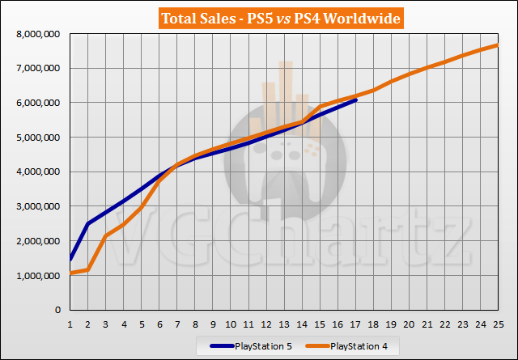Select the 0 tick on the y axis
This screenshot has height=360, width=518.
click(58, 310)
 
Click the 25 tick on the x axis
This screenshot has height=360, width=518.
click(497, 322)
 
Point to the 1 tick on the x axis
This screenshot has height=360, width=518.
click(71, 322)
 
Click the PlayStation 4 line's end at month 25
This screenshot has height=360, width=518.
click(497, 44)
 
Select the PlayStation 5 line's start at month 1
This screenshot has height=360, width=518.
click(71, 260)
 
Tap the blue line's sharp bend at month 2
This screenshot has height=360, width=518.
click(89, 223)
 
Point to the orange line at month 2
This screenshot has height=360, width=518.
click(89, 269)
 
